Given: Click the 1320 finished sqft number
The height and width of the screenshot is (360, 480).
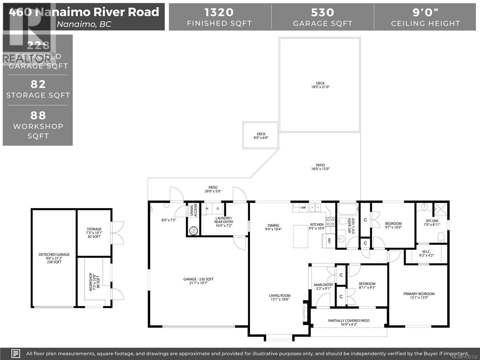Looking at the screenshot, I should (x=219, y=12).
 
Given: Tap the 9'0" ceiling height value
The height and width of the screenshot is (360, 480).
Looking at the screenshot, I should (x=425, y=12).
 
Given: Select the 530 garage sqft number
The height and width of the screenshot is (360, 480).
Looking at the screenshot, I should (x=322, y=12).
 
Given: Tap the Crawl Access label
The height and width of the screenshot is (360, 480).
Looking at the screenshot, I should (x=194, y=210).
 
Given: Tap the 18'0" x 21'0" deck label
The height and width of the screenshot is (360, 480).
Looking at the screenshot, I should (x=320, y=85).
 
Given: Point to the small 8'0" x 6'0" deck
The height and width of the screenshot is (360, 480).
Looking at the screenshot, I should (x=261, y=136).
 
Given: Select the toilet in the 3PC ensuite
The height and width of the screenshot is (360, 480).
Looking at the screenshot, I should (x=441, y=237).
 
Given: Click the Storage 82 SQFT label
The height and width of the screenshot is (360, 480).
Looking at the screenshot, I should (x=94, y=233).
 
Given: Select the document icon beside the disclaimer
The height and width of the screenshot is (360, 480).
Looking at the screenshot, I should (x=16, y=353).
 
